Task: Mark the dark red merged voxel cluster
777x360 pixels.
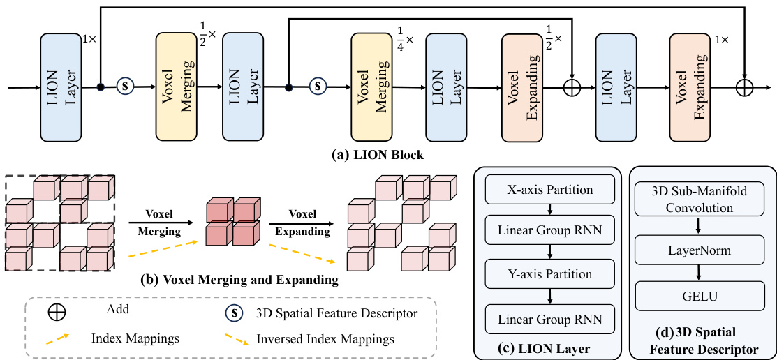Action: (230, 222)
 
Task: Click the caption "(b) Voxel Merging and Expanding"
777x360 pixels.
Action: (239, 280)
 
